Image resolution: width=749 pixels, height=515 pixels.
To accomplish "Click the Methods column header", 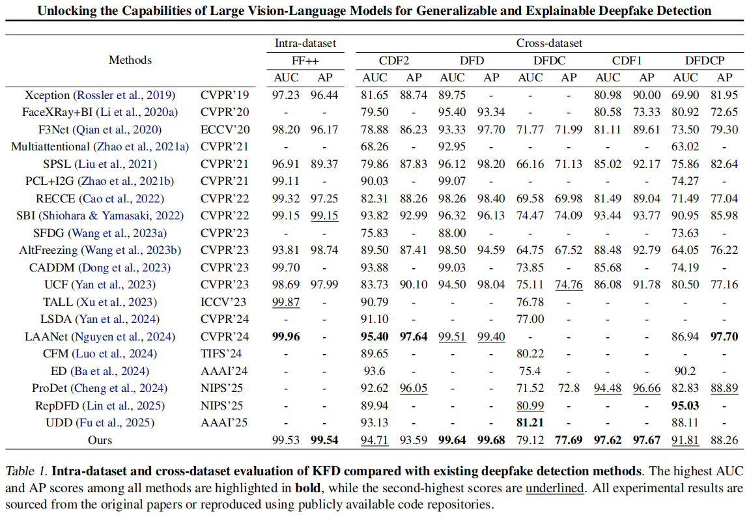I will (130, 60).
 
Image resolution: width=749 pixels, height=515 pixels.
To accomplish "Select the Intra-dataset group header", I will (305, 44).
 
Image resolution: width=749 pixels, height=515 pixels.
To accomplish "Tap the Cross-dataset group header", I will (549, 44).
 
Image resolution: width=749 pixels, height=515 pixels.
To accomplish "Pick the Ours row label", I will (100, 440).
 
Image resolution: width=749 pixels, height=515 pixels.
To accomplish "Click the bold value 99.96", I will (286, 337).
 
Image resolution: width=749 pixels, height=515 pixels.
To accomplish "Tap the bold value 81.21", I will (530, 423).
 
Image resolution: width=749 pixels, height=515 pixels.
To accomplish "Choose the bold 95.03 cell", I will (685, 406).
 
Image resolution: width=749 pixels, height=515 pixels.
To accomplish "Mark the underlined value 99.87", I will (286, 302).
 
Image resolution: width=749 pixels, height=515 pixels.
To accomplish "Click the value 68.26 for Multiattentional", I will (374, 146).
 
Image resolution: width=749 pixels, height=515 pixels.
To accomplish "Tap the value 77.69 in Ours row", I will (569, 440).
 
